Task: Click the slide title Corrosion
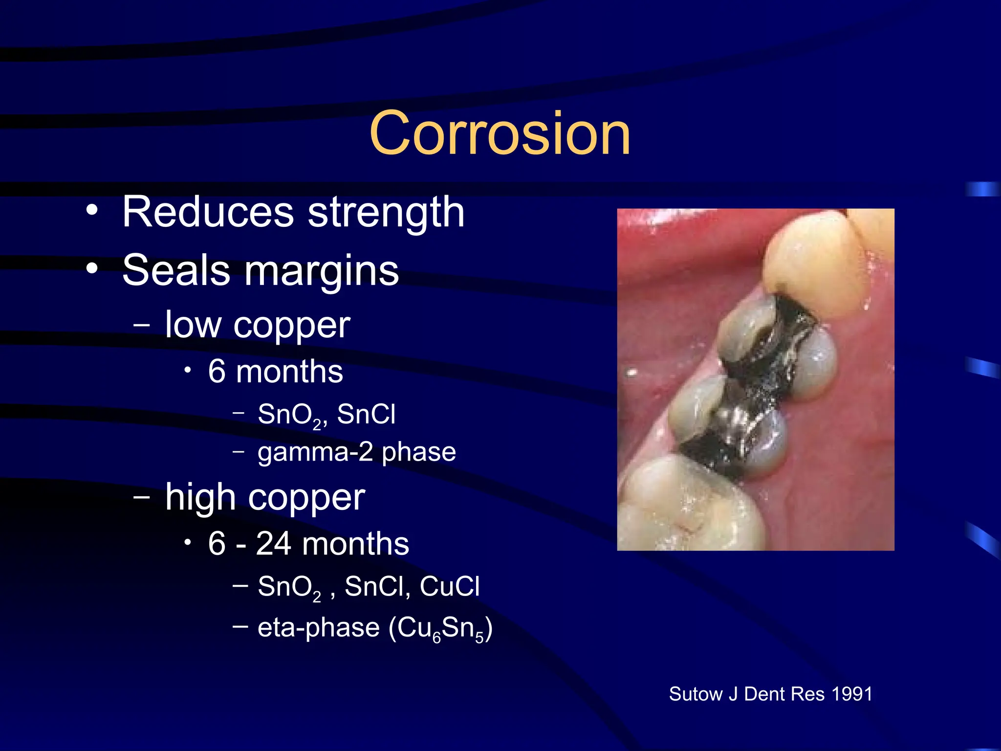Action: pyautogui.click(x=500, y=133)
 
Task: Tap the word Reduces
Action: pyautogui.click(x=208, y=212)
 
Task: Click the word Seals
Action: pyautogui.click(x=176, y=270)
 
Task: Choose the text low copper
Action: pyautogui.click(x=258, y=325)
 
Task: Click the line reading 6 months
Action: pyautogui.click(x=275, y=372)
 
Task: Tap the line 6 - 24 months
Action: pyautogui.click(x=308, y=544)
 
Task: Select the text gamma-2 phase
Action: pyautogui.click(x=357, y=452)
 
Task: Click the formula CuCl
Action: pyautogui.click(x=449, y=586)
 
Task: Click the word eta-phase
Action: pyautogui.click(x=318, y=628)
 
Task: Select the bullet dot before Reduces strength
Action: pyautogui.click(x=92, y=211)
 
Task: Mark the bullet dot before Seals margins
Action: pyautogui.click(x=92, y=268)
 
